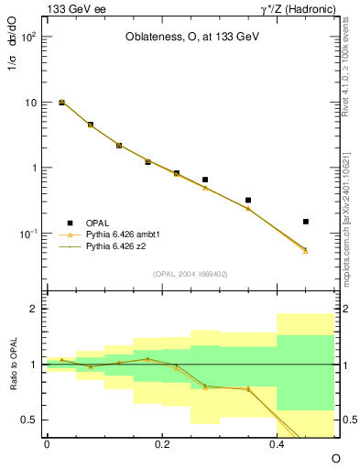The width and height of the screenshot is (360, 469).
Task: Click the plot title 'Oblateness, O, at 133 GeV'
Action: point(191,38)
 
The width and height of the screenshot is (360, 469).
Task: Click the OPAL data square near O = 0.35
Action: point(248,200)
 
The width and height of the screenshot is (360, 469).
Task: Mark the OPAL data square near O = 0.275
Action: point(205,180)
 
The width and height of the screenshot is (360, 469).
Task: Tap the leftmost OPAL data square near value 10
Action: point(61,103)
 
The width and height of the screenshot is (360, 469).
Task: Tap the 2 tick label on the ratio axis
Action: point(36,309)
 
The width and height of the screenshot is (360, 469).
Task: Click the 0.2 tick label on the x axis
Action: point(162,442)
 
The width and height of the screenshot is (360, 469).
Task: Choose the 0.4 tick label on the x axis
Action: point(277,442)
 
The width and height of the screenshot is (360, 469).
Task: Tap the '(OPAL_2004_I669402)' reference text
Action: point(191,274)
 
